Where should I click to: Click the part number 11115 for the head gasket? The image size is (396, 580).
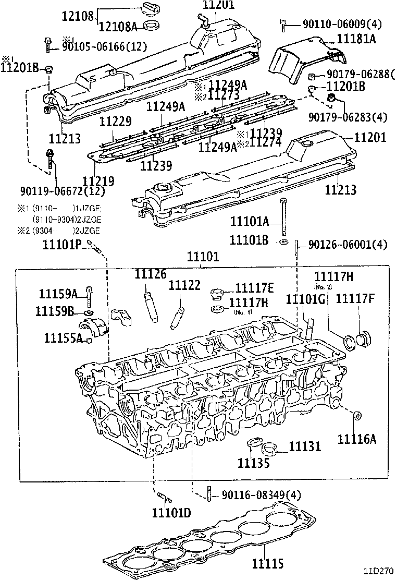click(268, 563)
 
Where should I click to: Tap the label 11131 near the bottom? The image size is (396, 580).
click(305, 447)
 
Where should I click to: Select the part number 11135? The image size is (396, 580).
click(254, 462)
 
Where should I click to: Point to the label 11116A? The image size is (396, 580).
click(356, 439)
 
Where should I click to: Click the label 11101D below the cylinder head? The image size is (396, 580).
click(171, 513)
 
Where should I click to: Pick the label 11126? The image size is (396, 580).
click(151, 274)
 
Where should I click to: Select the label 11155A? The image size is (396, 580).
click(63, 338)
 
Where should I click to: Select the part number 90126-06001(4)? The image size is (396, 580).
click(348, 244)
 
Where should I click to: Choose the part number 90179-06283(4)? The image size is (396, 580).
click(348, 116)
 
